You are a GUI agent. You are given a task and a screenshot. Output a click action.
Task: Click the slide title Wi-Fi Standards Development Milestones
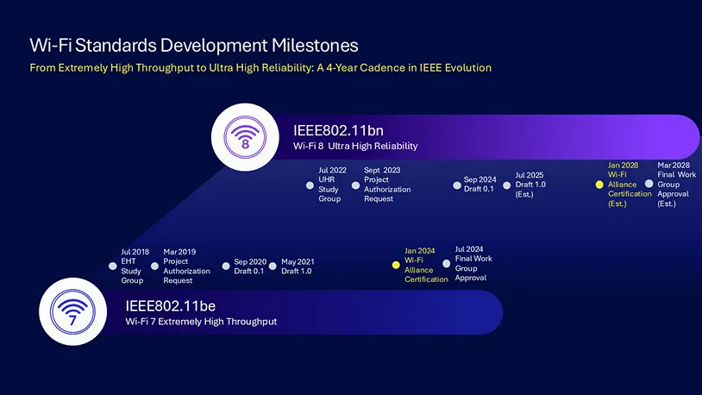[x=193, y=45]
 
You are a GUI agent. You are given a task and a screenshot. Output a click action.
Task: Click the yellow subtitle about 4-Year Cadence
[x=260, y=67]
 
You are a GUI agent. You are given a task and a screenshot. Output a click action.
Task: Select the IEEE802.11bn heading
[x=338, y=130]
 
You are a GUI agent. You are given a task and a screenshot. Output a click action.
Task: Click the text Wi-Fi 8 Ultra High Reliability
[x=355, y=147]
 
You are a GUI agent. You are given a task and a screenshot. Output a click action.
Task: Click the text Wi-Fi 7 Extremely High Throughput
[x=201, y=322]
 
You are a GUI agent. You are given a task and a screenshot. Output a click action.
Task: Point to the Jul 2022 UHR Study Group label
[x=329, y=185]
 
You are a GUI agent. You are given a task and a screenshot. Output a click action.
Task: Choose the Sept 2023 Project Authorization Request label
[x=386, y=185]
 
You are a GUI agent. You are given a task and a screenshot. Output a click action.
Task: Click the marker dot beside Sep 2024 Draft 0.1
[x=458, y=185]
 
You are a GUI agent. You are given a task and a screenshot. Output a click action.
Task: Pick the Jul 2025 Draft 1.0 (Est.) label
[x=530, y=185]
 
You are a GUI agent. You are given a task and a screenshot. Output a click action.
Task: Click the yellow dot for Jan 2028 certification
[x=599, y=185]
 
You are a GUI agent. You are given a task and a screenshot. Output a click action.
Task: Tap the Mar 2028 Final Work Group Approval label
[x=675, y=185]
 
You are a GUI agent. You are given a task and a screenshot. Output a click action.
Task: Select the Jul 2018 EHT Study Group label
[x=134, y=266]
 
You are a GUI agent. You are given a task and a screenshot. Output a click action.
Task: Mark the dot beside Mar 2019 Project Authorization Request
[x=155, y=266]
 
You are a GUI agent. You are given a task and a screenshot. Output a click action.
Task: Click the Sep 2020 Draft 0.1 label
[x=249, y=266]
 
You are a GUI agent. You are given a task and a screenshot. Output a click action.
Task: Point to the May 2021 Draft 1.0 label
[x=298, y=266]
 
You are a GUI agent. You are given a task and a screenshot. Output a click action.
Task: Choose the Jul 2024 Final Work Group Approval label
[x=473, y=264]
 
